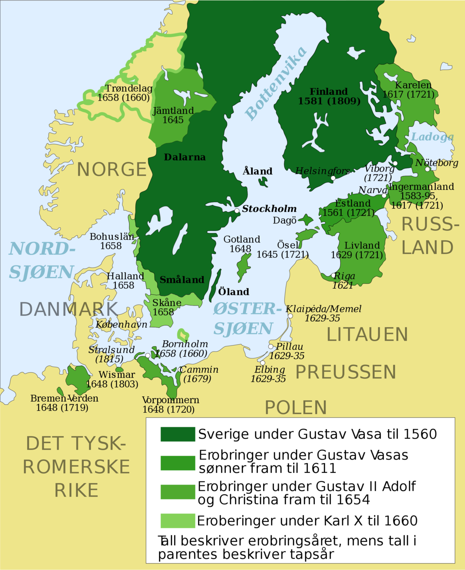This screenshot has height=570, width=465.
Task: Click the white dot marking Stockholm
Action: pyautogui.click(x=237, y=211)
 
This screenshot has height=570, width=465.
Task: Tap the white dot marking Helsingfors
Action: pyautogui.click(x=333, y=178)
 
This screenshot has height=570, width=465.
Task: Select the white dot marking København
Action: pyautogui.click(x=139, y=320)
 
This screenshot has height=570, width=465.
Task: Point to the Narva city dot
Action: pyautogui.click(x=384, y=195)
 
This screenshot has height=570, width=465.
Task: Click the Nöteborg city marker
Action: pyautogui.click(x=428, y=169)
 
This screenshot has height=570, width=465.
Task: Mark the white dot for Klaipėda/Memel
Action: pyautogui.click(x=290, y=316)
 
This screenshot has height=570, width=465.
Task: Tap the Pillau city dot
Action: pyautogui.click(x=270, y=346)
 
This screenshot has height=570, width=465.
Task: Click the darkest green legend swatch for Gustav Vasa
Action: pyautogui.click(x=178, y=434)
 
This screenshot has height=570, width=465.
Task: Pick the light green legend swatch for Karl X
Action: pyautogui.click(x=178, y=521)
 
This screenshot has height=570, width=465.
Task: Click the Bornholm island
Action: pyautogui.click(x=183, y=334)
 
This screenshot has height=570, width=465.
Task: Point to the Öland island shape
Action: pyautogui.click(x=215, y=285)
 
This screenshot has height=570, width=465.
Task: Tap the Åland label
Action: pyautogui.click(x=257, y=171)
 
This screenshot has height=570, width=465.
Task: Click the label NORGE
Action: pyautogui.click(x=112, y=170)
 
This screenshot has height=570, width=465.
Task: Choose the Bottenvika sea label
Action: pyautogui.click(x=276, y=84)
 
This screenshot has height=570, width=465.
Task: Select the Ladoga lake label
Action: pyautogui.click(x=432, y=137)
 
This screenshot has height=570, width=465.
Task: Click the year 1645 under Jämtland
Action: pyautogui.click(x=173, y=120)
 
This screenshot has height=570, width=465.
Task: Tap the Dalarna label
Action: pyautogui.click(x=184, y=157)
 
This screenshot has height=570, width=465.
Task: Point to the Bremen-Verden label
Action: pyautogui.click(x=64, y=398)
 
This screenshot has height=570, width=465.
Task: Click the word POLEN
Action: pyautogui.click(x=296, y=407)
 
